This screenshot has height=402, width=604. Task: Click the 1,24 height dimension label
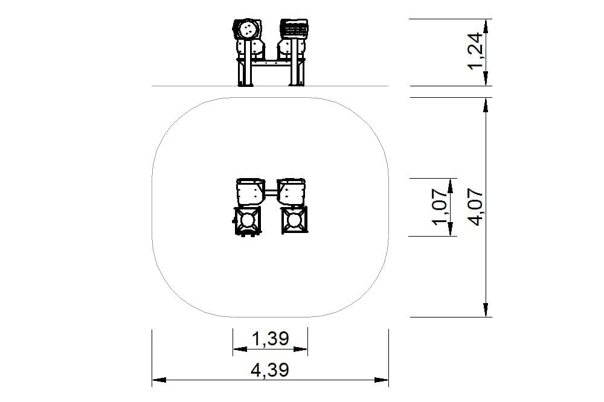point(475,51)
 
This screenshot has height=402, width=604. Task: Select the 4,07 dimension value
point(477,207)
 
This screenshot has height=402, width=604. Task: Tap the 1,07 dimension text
point(440,207)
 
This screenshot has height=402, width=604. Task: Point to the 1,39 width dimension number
point(271,339)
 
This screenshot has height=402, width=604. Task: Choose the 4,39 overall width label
point(270,371)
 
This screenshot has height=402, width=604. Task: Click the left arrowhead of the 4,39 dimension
point(159,380)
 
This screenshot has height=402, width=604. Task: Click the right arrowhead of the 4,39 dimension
point(381,380)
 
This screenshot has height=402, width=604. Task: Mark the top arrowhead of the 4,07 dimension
point(486,104)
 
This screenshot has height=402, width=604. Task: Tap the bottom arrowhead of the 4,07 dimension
point(486,310)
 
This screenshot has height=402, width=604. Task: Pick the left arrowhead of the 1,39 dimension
point(240,349)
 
